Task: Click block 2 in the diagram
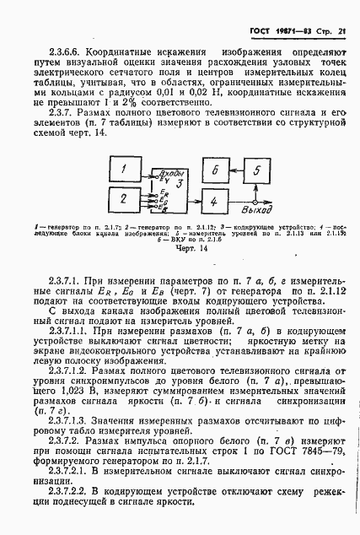(123, 200)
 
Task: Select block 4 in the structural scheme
(215, 201)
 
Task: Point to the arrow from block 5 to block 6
(237, 171)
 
